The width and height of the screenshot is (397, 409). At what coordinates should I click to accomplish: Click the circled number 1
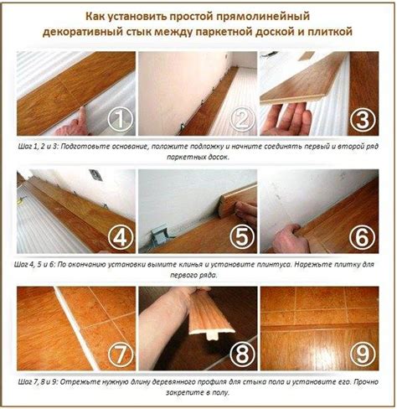(121, 119)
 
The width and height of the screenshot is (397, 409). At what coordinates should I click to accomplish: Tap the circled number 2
(242, 119)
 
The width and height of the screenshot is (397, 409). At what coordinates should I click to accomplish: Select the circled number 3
(363, 119)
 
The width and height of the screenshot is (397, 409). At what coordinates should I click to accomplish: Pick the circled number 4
(121, 237)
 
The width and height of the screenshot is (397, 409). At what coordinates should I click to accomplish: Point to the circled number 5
(242, 237)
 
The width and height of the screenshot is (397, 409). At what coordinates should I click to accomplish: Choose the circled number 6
(363, 237)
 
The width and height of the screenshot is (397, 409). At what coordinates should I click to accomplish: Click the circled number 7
(121, 355)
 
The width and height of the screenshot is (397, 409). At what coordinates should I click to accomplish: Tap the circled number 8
(242, 355)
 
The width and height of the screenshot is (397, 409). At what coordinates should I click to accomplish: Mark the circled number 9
(363, 355)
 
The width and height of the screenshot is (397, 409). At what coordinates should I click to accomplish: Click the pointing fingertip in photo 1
(81, 110)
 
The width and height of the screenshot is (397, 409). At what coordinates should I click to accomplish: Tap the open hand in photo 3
(286, 119)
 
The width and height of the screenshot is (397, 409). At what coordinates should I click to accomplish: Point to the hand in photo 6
(291, 237)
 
